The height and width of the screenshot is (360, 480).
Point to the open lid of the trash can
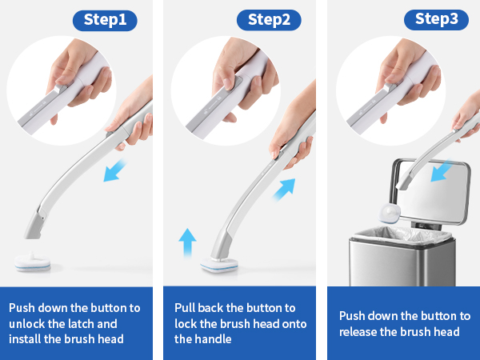coord(428,192)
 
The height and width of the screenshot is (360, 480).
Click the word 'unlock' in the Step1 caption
coord(28,323)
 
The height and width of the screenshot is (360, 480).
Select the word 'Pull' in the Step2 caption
coord(187,307)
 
